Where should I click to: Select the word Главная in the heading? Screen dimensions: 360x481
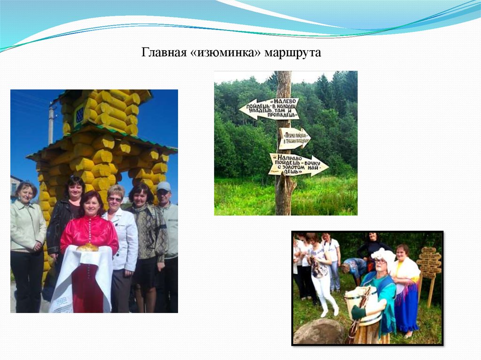165,53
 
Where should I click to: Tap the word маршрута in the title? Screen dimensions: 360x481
293,53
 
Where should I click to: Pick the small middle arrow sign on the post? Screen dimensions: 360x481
294,138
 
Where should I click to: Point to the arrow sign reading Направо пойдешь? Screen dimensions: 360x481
298,165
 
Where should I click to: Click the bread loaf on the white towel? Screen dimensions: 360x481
88,247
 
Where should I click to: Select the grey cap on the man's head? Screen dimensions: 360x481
164,186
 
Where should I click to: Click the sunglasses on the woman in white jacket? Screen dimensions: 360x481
115,199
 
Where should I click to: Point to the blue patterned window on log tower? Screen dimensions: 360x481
79,114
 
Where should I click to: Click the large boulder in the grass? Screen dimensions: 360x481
319,331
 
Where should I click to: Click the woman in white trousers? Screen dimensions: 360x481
323,275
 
